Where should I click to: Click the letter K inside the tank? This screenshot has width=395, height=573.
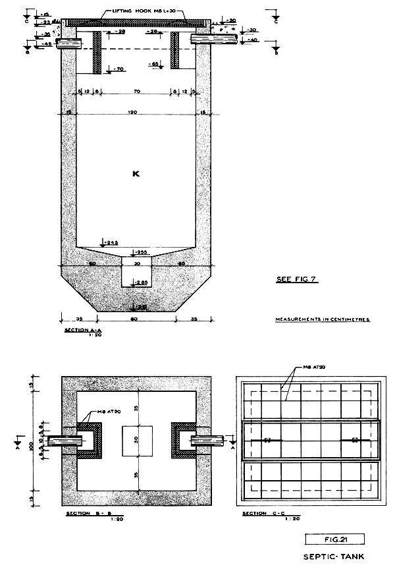click(136, 174)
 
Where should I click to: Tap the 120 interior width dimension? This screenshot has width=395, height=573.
click(132, 113)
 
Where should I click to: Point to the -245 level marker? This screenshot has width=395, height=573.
click(108, 242)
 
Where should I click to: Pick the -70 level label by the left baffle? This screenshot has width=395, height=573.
click(118, 69)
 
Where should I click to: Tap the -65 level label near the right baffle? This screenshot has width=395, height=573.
click(156, 64)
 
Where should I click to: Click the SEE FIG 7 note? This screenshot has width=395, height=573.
click(296, 279)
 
